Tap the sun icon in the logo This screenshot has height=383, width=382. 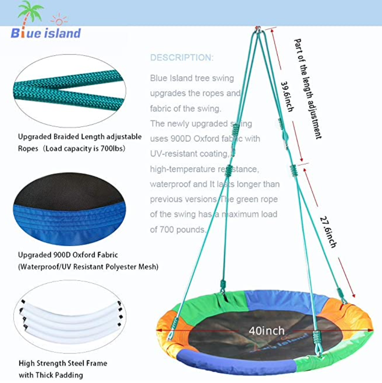click(59, 20)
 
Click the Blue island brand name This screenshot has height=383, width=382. click(46, 33)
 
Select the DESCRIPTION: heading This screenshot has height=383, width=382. click(182, 58)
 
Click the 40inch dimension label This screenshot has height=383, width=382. click(267, 331)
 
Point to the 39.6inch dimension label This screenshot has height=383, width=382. click(287, 97)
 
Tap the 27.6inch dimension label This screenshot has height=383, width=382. click(328, 232)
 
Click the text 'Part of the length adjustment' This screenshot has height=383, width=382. click(308, 89)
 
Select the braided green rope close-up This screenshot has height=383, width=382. click(69, 91)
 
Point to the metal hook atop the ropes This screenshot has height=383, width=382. click(258, 29)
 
